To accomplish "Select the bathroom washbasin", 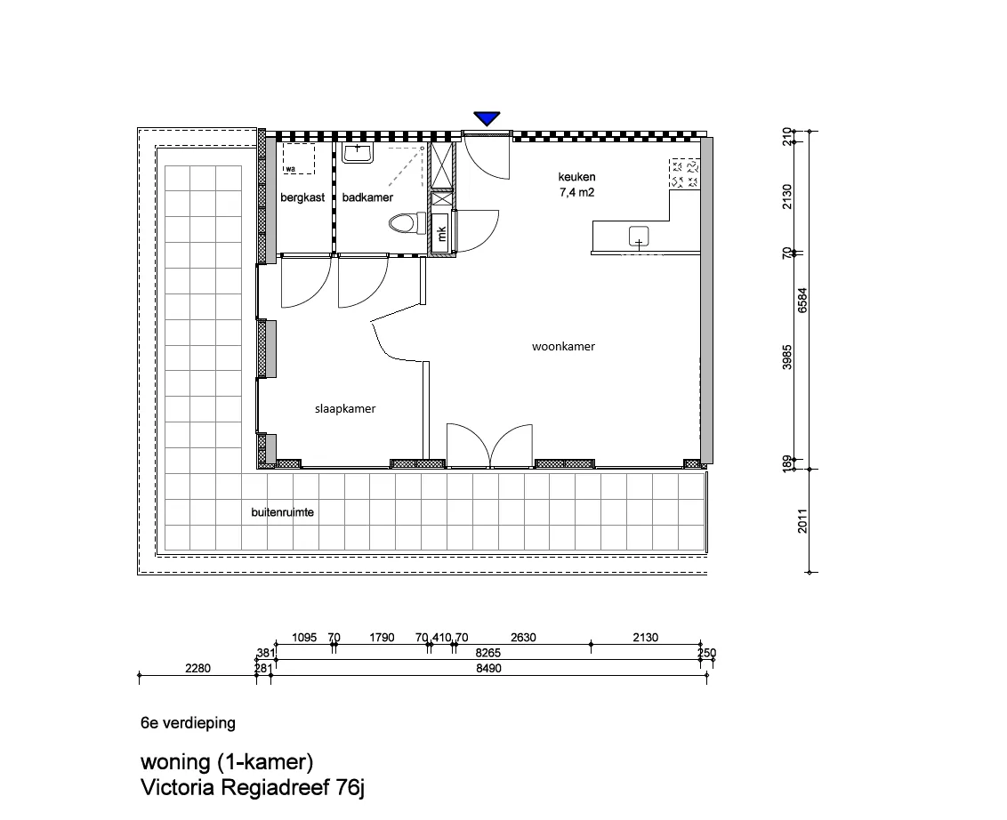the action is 358,153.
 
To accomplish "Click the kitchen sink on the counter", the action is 639,237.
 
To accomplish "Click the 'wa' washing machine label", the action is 291,170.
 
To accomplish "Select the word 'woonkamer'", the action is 563,347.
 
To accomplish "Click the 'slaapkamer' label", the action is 345,409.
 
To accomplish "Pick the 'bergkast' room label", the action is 302,197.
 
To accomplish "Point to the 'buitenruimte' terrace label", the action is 283,512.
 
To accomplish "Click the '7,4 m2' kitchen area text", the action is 576,193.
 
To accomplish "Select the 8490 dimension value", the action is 488,669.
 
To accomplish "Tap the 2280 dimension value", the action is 197,669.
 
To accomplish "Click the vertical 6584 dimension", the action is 802,300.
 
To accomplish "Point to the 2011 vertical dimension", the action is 802,521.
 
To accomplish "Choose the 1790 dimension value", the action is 382,638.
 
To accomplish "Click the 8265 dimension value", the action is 488,653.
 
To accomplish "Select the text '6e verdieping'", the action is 189,723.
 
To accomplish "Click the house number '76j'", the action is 350,788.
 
